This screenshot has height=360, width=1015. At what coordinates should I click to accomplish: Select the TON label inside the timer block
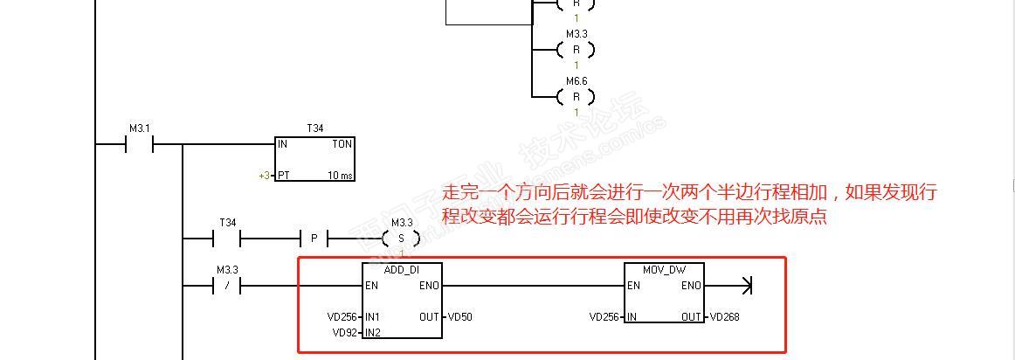pos(342,143)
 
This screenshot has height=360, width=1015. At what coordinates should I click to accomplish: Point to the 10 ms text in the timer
pos(341,176)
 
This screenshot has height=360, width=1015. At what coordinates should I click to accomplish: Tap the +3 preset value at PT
pos(264,176)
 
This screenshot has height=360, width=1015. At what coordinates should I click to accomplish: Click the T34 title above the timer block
pos(314,128)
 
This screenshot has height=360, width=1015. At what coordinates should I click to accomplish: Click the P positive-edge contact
pos(314,238)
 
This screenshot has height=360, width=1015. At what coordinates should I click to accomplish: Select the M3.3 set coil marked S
pos(402,238)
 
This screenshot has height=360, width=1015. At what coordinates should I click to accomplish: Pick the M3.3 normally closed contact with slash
pos(227,286)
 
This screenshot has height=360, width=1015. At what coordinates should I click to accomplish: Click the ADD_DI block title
pos(401,270)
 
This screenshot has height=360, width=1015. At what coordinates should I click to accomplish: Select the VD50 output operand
pos(460,317)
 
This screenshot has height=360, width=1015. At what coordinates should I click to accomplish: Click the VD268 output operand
pos(724,317)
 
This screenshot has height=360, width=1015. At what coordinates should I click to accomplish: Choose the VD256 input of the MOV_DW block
pos(605,317)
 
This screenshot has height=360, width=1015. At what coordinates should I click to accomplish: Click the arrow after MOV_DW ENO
pos(745,285)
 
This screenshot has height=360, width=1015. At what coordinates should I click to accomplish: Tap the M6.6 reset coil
pos(576,96)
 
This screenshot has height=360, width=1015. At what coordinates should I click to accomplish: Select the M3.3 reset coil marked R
pos(576,50)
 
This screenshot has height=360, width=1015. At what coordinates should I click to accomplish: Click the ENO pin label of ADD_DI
pos(429,286)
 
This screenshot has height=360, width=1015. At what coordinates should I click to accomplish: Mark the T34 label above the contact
pos(227,223)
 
